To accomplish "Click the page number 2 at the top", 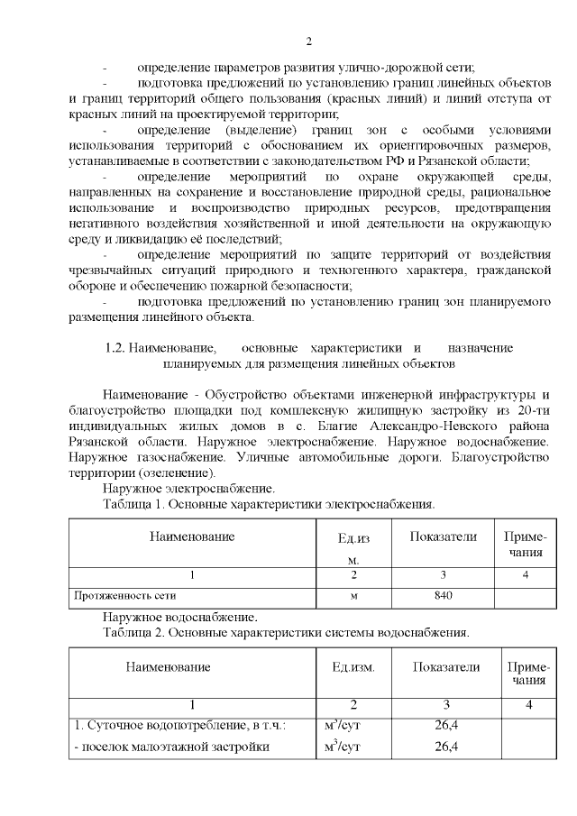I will pos(307,41).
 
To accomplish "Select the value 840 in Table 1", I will pos(443,595).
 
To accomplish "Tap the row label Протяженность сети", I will pos(125,595).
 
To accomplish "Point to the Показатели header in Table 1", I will pos(443,537).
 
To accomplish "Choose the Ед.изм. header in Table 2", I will pos(353,667).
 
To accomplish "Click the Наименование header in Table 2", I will pos(168,667).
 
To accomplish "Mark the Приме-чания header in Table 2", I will pos(528,674).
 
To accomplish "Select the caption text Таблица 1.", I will pos(132,504).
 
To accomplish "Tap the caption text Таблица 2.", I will pos(132,633).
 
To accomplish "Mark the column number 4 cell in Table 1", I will pos(525,574).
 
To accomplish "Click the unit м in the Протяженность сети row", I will pos(354,595).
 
